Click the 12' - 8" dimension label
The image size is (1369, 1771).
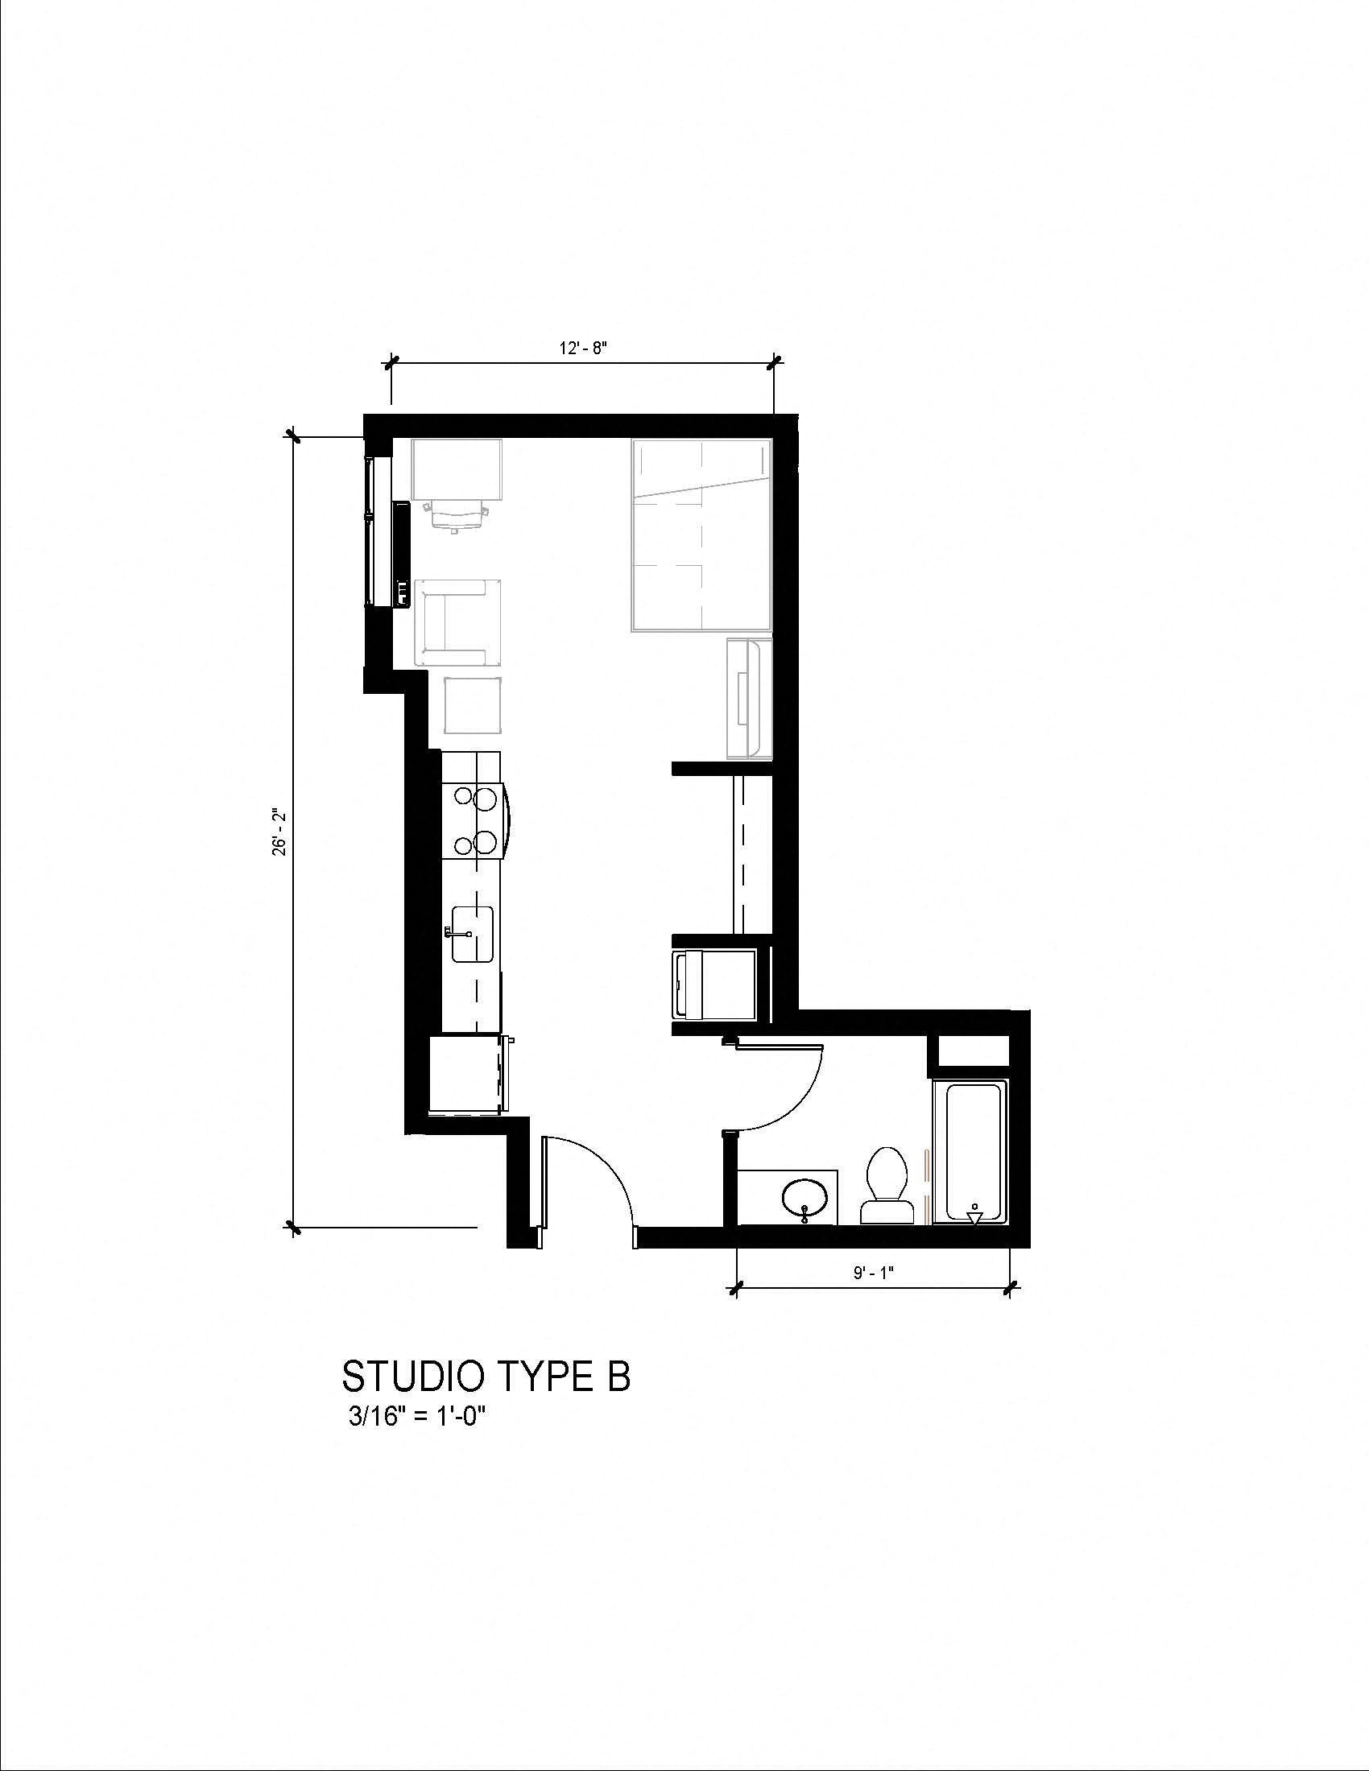[x=583, y=348]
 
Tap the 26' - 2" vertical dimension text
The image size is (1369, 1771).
[x=279, y=831]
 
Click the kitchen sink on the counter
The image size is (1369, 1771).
[x=473, y=934]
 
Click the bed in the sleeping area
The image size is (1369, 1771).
[x=701, y=535]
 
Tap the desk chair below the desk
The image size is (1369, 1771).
[x=457, y=514]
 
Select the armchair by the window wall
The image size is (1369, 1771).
[x=457, y=622]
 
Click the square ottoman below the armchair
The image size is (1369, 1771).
[x=474, y=705]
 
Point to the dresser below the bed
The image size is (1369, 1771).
[x=749, y=698]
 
